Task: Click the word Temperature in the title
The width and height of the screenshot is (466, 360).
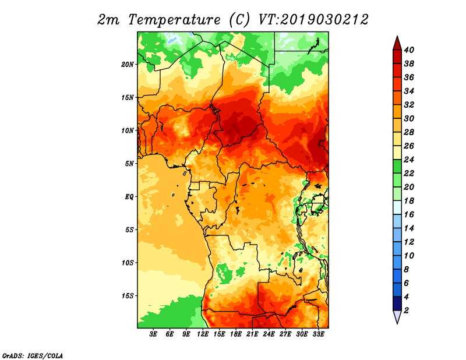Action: point(174,20)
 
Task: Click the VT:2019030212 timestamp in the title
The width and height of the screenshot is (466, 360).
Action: point(313,20)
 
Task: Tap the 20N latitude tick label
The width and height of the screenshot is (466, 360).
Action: point(127,65)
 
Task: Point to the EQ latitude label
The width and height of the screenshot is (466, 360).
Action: point(129,197)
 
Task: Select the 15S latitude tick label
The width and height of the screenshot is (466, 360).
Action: point(127,296)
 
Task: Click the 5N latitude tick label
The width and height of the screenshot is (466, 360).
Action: point(129,164)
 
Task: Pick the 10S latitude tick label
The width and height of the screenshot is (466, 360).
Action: point(127,263)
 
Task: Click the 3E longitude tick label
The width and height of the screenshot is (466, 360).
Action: point(153,334)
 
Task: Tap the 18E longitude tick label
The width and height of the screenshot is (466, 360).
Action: point(236,334)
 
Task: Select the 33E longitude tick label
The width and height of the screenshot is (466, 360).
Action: point(318,334)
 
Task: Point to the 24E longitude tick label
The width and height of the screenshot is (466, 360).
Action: point(269,334)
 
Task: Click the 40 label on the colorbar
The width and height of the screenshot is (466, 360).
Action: point(409,50)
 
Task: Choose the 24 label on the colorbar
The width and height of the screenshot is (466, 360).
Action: point(409,160)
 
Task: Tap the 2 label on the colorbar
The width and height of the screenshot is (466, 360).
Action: point(407,310)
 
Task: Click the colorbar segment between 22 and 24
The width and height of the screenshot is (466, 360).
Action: point(397,167)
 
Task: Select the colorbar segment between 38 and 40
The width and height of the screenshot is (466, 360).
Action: point(397,57)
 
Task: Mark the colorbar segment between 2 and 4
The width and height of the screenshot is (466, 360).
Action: point(397,303)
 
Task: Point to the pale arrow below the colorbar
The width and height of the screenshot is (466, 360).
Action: point(397,316)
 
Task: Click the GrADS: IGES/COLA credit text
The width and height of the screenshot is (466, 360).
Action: point(33,355)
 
